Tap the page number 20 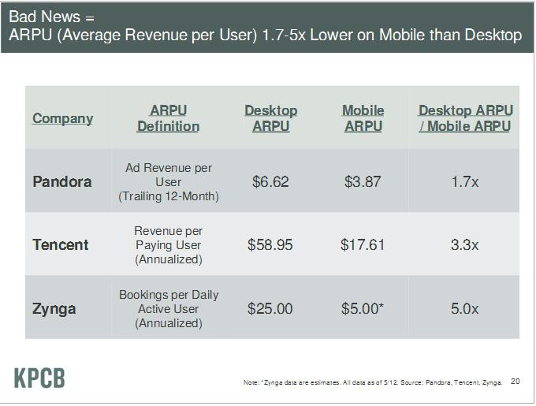516,382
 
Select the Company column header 62,118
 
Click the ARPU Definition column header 168,118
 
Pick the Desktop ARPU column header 270,118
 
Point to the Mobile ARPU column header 363,118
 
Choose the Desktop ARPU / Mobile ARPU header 465,118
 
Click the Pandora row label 62,181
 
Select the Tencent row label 61,244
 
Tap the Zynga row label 54,307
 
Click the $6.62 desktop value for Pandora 270,181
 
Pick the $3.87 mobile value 363,181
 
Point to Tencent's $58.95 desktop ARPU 270,244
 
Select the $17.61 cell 363,244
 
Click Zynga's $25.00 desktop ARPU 270,307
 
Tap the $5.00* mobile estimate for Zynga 363,307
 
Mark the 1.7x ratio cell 465,181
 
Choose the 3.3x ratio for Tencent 465,244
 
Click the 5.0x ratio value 465,307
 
